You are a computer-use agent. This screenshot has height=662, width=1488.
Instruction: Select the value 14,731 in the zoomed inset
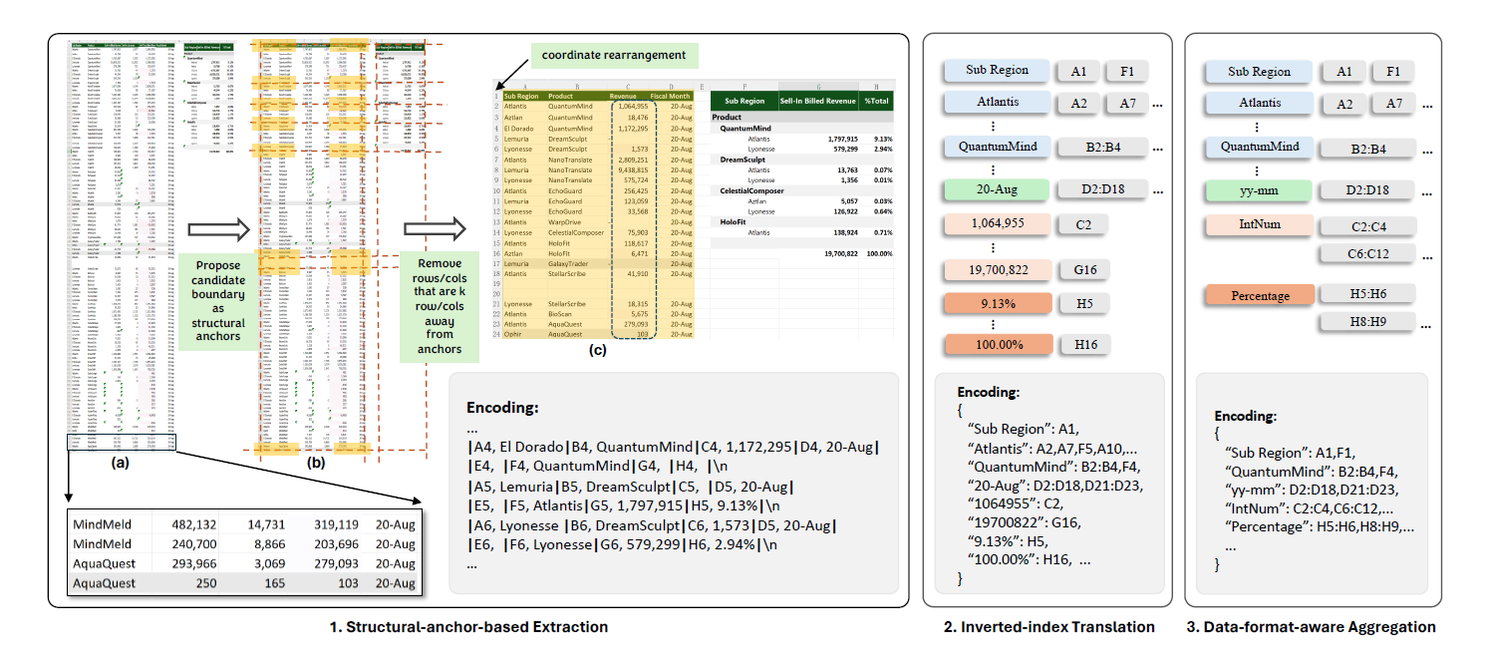coord(259,524)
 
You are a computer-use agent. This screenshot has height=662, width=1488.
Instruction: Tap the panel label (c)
coord(597,349)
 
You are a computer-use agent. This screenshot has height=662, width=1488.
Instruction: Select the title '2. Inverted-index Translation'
coord(1048,627)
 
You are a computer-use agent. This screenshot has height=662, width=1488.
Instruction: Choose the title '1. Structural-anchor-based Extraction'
coord(468,627)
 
